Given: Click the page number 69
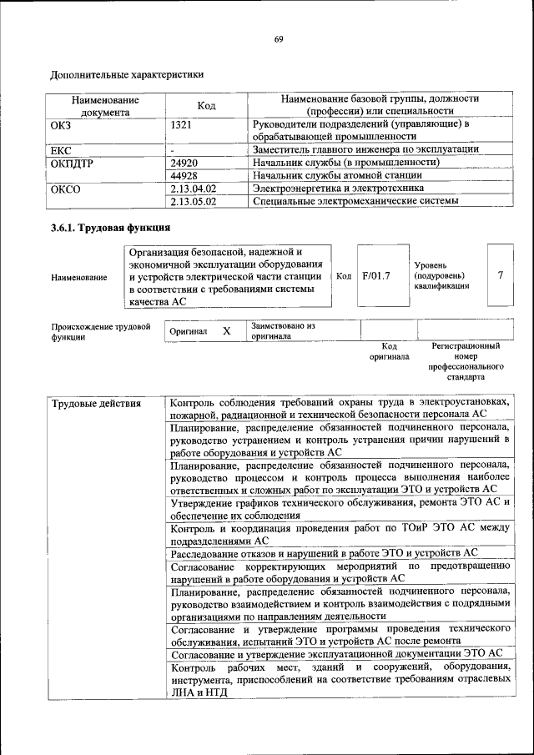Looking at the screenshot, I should pyautogui.click(x=279, y=39).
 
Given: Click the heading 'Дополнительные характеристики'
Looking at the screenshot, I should pyautogui.click(x=127, y=74).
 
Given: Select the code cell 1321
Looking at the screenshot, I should pyautogui.click(x=182, y=124).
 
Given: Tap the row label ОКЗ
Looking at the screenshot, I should pyautogui.click(x=63, y=124).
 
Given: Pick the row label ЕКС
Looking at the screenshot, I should pyautogui.click(x=63, y=150).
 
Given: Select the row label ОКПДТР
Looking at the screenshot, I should pyautogui.click(x=73, y=163).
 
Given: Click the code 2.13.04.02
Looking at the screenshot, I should pyautogui.click(x=193, y=189).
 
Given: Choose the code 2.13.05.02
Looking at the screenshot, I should pyautogui.click(x=193, y=201).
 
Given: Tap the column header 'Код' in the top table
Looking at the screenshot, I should pyautogui.click(x=206, y=105).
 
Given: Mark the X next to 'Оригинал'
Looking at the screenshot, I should pyautogui.click(x=226, y=331).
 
